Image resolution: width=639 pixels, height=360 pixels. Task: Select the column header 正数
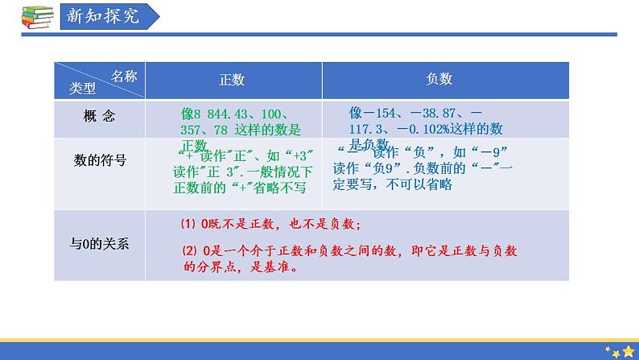232,80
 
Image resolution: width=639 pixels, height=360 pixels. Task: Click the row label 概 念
99,116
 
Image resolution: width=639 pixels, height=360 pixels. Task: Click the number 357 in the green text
193,130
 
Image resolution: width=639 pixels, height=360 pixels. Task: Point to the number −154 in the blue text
390,114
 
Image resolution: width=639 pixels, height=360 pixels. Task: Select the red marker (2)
187,251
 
